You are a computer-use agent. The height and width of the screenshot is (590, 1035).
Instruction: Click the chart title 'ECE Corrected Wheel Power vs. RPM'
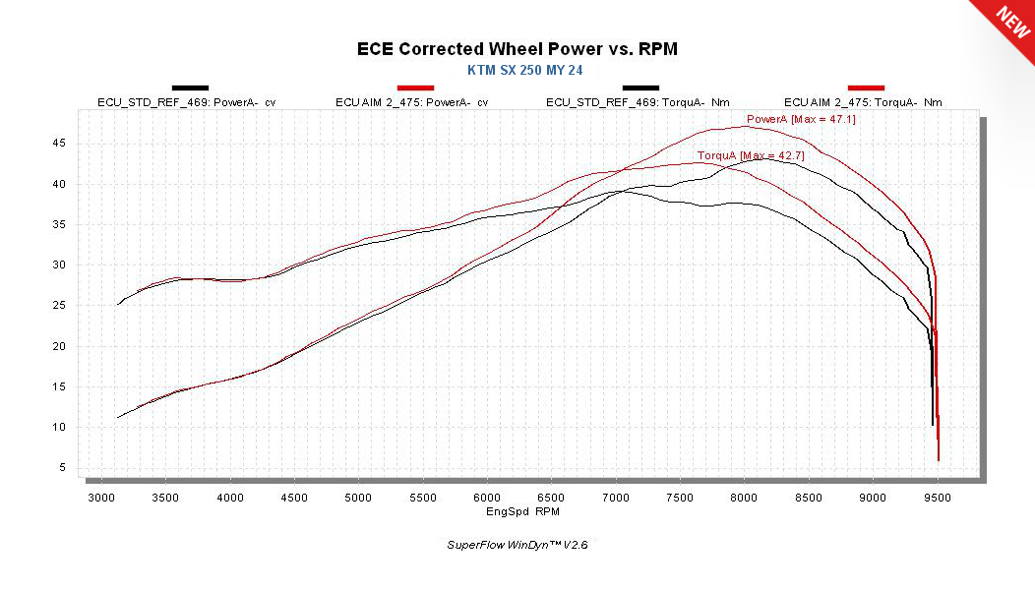coord(517,48)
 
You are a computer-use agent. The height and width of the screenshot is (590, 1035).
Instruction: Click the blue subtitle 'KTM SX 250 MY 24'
coord(517,70)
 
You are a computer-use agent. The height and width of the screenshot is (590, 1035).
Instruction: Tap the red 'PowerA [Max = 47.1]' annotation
coord(787,120)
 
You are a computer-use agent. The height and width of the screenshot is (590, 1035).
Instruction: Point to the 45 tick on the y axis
coord(61,143)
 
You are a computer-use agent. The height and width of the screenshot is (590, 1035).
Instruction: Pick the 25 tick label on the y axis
coord(61,306)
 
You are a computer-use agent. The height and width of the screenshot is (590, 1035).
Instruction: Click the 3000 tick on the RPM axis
coord(101,498)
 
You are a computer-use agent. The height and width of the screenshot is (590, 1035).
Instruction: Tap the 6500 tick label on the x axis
coord(551,498)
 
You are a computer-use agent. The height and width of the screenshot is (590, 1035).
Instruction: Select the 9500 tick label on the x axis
coord(938,498)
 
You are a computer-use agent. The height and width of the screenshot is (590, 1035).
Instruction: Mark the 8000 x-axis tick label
coord(745,498)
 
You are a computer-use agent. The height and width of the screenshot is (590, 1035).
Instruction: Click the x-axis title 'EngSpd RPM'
coord(523,511)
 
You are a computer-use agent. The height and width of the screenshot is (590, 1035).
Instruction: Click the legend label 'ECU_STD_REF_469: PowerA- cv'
coord(187,102)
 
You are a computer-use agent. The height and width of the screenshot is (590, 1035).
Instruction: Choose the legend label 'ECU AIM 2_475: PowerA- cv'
coord(413,102)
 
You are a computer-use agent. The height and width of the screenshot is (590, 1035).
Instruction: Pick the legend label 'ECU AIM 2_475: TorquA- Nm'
coord(863,102)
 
